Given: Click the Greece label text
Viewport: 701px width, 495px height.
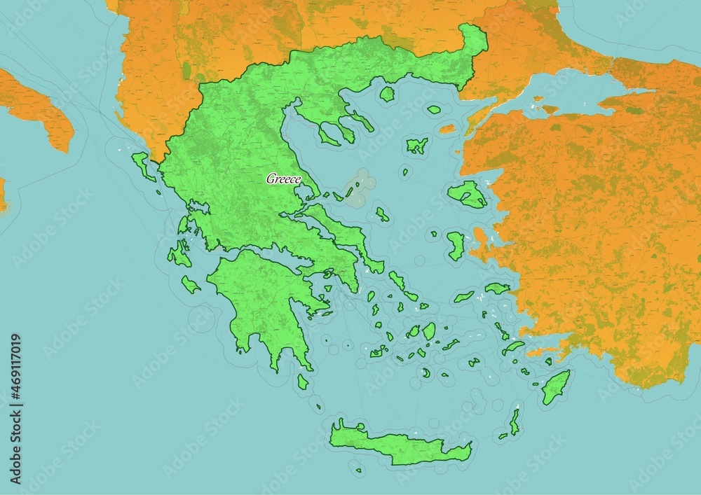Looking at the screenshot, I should tap(283, 179).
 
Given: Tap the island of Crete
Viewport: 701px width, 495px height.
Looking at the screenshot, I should tap(400, 445).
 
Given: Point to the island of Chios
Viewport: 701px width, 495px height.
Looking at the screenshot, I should tap(456, 245).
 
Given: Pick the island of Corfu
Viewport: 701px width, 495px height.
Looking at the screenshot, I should tap(144, 165).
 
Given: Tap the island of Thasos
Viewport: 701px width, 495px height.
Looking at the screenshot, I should tap(387, 94).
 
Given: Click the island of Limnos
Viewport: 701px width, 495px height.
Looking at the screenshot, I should tap(417, 146).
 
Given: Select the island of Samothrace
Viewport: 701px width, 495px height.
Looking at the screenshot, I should tap(434, 109).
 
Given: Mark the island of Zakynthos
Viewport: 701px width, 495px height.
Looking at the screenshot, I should tap(190, 284).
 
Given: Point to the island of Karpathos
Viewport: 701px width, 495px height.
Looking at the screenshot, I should tap(515, 421).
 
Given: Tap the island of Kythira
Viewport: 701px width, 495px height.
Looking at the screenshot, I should tap(303, 382).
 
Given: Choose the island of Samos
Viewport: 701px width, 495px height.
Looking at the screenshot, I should tap(497, 288).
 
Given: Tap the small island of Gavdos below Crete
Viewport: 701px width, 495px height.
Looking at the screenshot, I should tap(358, 470).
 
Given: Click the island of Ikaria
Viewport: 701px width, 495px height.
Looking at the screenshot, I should tap(463, 297).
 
